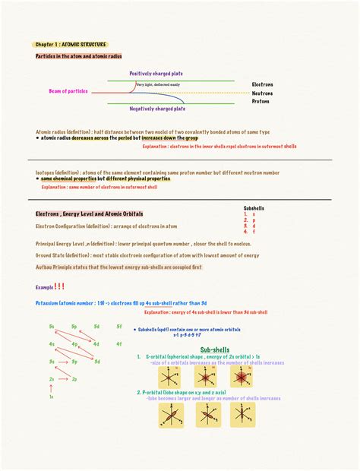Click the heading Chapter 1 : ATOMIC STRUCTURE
click(71, 45)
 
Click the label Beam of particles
click(68, 91)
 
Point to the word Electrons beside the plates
click(263, 84)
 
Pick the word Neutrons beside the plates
click(263, 93)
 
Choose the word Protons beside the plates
click(261, 101)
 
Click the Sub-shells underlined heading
click(215, 349)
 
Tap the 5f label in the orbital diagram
click(118, 326)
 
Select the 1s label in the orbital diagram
click(52, 396)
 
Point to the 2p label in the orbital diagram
click(74, 378)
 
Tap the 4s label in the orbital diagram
click(52, 343)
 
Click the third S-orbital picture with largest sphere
click(242, 376)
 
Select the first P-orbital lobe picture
click(171, 415)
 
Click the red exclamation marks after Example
click(59, 286)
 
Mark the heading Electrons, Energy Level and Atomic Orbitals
click(90, 214)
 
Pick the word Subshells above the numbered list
click(254, 207)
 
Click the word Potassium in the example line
click(50, 303)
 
